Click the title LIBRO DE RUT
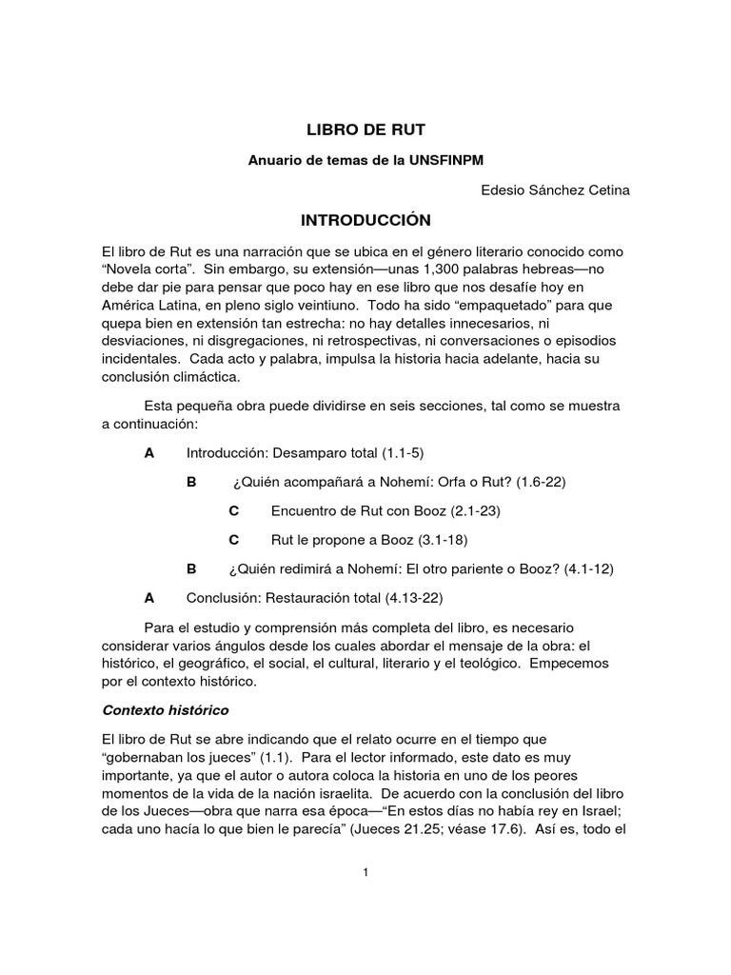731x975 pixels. (365, 128)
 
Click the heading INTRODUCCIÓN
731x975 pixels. (365, 221)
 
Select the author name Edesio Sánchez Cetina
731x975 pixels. (557, 190)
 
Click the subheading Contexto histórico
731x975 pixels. (165, 711)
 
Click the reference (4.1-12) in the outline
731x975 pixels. (588, 569)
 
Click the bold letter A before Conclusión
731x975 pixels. (148, 598)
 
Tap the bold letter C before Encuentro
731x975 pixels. (234, 511)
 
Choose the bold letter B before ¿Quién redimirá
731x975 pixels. (191, 569)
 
